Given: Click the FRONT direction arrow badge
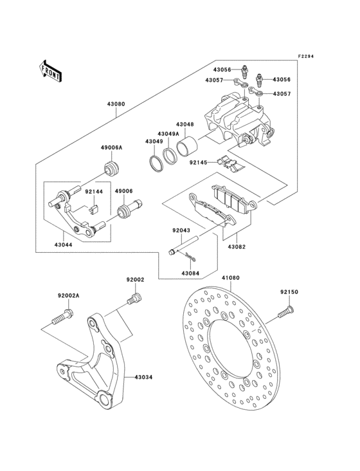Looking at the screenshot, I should click(50, 70).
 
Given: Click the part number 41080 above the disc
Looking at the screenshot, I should click(231, 279).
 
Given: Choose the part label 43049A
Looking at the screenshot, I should click(169, 134).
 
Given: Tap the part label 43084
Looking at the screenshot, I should click(190, 274).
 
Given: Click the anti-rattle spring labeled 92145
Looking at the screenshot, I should click(232, 165).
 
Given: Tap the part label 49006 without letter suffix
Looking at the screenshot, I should click(124, 191).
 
